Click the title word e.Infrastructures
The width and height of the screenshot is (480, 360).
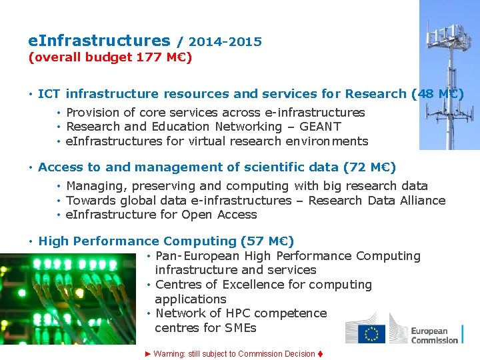(x=99, y=41)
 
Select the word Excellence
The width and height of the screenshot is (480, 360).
(x=249, y=285)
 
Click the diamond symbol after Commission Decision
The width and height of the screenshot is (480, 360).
(x=321, y=354)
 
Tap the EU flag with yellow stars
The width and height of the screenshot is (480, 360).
(x=372, y=333)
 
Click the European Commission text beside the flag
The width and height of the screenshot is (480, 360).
(x=434, y=335)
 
